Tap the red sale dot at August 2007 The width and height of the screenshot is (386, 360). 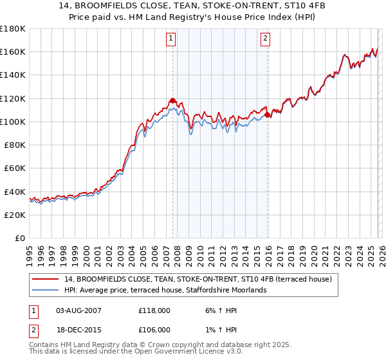pyautogui.click(x=172, y=101)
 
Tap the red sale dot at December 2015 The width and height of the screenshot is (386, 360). pyautogui.click(x=268, y=115)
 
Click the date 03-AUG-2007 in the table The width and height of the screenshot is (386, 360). pyautogui.click(x=78, y=310)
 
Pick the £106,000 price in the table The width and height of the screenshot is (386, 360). pyautogui.click(x=154, y=330)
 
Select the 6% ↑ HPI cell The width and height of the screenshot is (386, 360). pyautogui.click(x=214, y=310)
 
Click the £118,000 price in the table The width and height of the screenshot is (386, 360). pyautogui.click(x=154, y=310)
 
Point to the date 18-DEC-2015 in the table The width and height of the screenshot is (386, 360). pyautogui.click(x=78, y=330)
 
